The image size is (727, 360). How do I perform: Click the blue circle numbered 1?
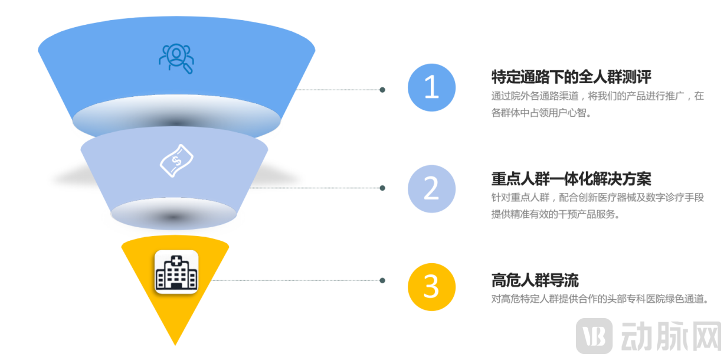[431, 87]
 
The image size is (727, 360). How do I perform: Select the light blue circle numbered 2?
[431, 189]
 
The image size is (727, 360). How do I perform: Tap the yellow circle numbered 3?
[431, 287]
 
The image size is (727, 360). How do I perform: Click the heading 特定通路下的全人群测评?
[571, 77]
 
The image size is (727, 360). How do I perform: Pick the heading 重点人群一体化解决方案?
[571, 178]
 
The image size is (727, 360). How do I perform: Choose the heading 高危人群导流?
[535, 280]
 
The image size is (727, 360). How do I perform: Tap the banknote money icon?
[176, 160]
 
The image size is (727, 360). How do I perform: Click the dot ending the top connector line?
[382, 90]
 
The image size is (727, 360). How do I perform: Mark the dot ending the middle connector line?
[382, 188]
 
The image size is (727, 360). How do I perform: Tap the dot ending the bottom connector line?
[382, 280]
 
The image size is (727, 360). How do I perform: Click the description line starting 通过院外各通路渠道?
[598, 96]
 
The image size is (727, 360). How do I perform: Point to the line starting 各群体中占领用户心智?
[541, 113]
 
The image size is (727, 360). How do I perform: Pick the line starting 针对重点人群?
[598, 198]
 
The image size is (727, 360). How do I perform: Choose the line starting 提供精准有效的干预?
[555, 214]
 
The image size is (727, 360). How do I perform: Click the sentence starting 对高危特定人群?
[599, 299]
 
